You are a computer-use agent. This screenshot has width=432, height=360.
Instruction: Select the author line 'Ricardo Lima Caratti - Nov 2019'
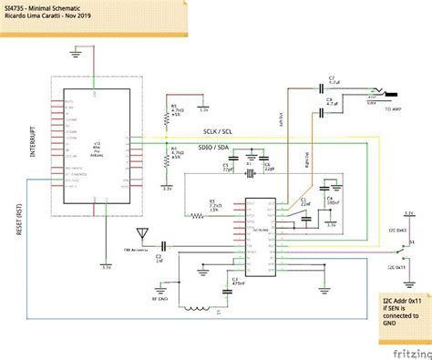coord(46,16)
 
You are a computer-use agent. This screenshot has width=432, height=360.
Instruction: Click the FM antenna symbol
coord(141,236)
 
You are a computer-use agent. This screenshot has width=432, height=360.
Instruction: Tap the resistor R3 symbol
coord(195,216)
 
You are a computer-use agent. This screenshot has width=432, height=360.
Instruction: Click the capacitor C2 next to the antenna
coord(164,246)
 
